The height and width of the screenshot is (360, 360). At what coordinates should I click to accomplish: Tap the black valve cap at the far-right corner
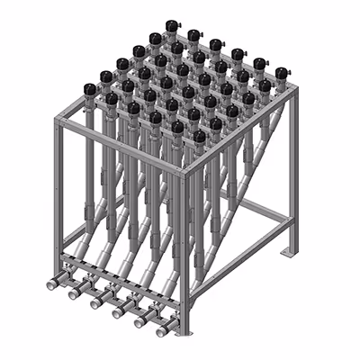[282, 72]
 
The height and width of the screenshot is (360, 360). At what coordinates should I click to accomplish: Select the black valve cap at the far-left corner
[90, 88]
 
